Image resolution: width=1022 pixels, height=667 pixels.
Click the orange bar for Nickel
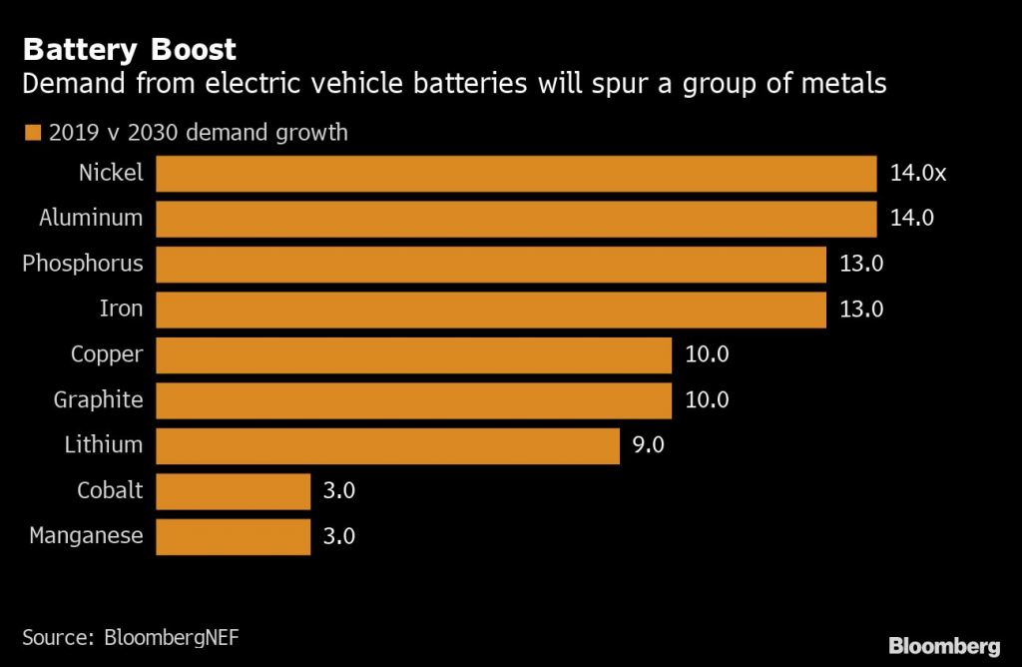(x=516, y=173)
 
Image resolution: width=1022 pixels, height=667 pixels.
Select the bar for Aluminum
(x=516, y=218)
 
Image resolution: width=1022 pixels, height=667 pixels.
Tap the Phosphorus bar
(x=491, y=264)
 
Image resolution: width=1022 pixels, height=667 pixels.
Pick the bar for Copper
(x=413, y=354)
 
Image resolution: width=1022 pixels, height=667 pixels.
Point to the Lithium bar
(x=388, y=445)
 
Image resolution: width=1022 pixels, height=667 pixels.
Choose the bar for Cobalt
(x=234, y=490)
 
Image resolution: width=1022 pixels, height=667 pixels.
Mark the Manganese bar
(x=234, y=536)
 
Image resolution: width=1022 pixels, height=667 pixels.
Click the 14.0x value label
(x=917, y=173)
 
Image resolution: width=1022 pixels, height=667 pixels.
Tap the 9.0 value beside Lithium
(x=649, y=445)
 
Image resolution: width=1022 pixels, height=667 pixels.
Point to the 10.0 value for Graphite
(x=707, y=400)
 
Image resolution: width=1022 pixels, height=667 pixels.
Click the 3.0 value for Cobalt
(x=339, y=490)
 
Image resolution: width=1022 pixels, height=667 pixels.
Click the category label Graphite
(x=98, y=400)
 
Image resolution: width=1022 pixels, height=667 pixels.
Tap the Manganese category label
(x=86, y=536)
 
